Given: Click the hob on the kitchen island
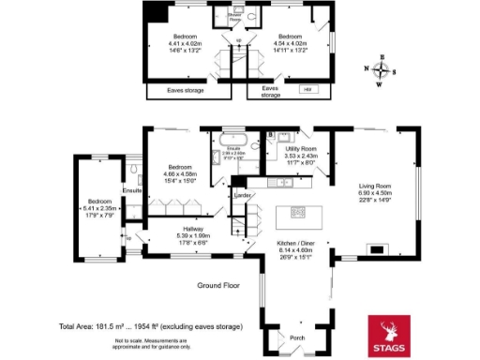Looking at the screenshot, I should pyautogui.click(x=298, y=211).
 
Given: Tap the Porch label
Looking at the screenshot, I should pyautogui.click(x=298, y=338).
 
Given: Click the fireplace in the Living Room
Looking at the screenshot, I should pyautogui.click(x=375, y=249).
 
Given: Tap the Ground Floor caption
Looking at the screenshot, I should pyautogui.click(x=218, y=284).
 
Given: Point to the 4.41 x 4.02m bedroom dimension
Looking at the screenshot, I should pyautogui.click(x=174, y=43).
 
